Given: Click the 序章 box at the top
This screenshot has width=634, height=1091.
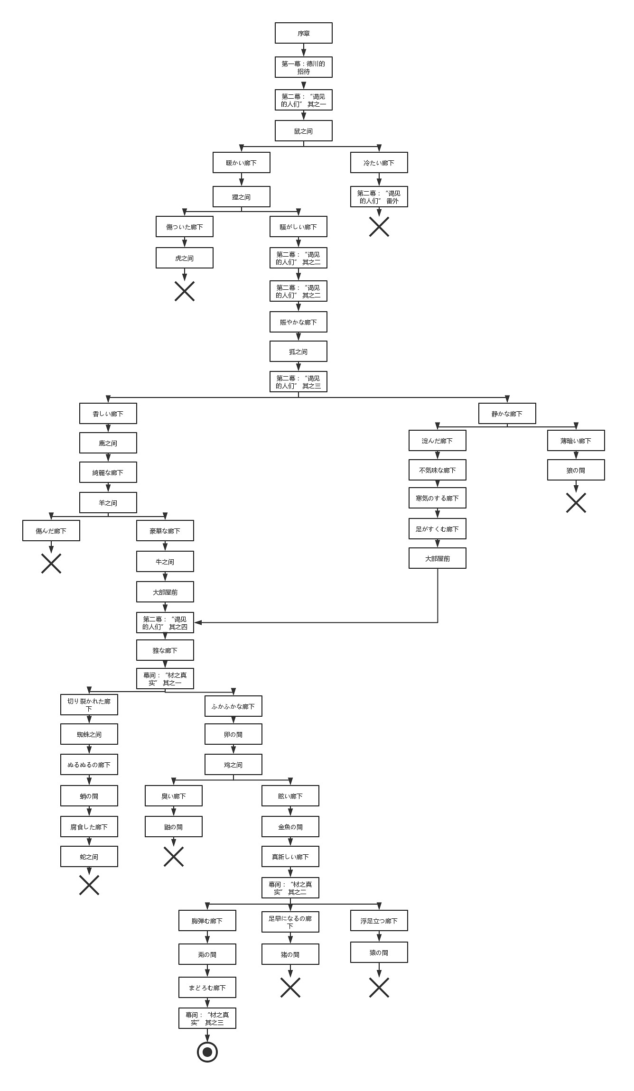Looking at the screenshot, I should (303, 33).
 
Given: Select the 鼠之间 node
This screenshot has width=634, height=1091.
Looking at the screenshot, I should (303, 131).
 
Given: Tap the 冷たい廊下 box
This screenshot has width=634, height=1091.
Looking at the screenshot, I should (379, 163).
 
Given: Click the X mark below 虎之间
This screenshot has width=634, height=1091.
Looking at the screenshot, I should (185, 291).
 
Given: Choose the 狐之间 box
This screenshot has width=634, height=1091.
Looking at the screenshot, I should (298, 351).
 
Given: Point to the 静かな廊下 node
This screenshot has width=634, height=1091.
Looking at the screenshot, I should (507, 414).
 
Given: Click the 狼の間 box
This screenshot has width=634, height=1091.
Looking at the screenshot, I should (576, 470).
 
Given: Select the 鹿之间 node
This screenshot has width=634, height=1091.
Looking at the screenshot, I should (108, 443).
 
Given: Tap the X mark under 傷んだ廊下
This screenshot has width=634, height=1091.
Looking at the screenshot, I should (51, 563).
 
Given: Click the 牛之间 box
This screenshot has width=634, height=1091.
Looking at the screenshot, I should (165, 562).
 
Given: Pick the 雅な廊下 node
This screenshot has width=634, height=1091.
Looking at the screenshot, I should (165, 650).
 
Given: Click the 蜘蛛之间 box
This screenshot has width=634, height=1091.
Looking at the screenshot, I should (89, 734).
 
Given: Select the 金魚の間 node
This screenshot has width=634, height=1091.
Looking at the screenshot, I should (290, 827).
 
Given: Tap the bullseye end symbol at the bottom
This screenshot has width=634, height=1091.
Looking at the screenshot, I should (207, 1052).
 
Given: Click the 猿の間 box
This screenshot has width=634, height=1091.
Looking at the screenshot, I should (379, 952).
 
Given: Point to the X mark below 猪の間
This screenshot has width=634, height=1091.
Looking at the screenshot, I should (290, 988).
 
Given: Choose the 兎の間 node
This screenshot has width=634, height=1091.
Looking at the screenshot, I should (207, 954).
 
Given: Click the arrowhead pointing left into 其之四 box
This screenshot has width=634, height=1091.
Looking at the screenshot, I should (197, 622).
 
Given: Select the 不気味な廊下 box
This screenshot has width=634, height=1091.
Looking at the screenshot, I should (437, 470).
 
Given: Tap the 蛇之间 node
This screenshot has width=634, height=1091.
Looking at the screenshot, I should (89, 857).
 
